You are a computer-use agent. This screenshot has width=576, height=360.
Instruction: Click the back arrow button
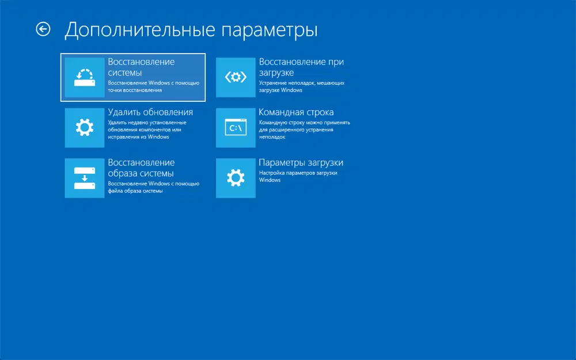(43, 29)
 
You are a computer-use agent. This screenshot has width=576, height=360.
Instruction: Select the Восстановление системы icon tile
(85, 77)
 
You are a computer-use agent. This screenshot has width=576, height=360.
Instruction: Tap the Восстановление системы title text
(141, 67)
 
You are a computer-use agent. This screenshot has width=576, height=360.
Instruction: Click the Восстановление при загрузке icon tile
(236, 77)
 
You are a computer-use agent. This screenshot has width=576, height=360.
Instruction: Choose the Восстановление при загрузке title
(301, 67)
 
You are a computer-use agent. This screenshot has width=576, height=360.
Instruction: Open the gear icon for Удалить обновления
(85, 128)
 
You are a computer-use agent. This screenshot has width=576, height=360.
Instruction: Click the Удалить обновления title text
(150, 112)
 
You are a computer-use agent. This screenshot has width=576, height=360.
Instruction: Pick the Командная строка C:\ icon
(236, 128)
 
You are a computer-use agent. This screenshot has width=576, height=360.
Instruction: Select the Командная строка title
(296, 112)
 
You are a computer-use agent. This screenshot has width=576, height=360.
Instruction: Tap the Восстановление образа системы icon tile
(85, 179)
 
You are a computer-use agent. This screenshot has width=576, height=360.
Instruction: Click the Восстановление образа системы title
(141, 168)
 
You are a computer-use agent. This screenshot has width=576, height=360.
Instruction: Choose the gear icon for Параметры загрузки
(236, 179)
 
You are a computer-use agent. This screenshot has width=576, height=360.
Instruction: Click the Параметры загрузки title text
(301, 163)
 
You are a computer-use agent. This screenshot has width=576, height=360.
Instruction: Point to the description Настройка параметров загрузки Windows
(298, 176)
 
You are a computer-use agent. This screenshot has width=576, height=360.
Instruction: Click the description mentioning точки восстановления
(154, 86)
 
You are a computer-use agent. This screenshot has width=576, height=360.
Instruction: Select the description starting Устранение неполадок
(302, 86)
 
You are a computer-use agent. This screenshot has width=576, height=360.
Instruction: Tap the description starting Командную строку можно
(304, 130)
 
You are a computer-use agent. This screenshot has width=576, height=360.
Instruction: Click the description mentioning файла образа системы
(154, 187)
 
